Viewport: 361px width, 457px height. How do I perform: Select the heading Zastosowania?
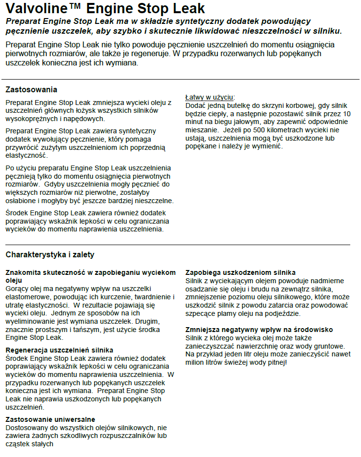click(31, 89)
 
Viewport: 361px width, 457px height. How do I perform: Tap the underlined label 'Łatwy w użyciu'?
click(210, 97)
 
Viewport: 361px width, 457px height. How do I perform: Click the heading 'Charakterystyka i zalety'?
click(50, 254)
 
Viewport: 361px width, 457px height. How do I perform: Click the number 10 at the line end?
click(346, 114)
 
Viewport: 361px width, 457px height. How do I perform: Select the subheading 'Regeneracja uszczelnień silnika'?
click(59, 350)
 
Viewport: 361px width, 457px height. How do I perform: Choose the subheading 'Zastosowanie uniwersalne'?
click(50, 419)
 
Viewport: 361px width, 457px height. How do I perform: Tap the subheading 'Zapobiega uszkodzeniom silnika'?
click(240, 272)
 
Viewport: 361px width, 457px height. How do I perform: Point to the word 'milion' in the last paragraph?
click(196, 363)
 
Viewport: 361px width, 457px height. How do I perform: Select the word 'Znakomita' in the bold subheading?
click(23, 272)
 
